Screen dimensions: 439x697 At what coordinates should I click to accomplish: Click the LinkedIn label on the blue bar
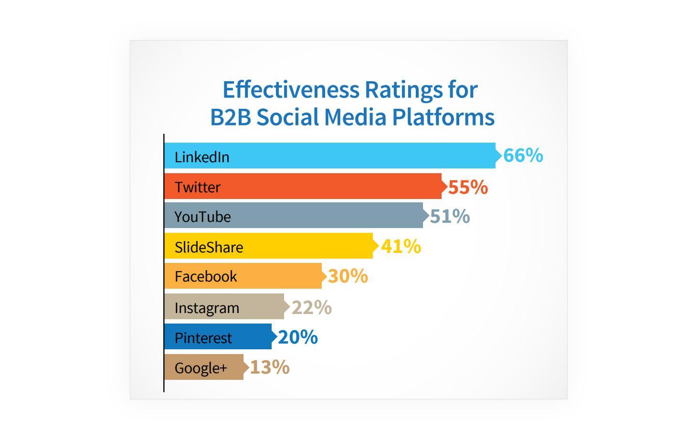(x=202, y=157)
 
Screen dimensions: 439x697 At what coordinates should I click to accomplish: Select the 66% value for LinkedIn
(x=523, y=156)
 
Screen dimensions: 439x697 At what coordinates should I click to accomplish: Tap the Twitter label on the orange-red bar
(x=198, y=187)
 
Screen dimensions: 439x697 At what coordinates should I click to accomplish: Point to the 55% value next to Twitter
(x=468, y=187)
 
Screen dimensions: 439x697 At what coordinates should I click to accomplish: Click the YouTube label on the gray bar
(x=202, y=217)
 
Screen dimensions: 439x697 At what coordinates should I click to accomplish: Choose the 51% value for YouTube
(x=450, y=216)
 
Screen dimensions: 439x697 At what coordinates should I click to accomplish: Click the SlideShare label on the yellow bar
(x=209, y=247)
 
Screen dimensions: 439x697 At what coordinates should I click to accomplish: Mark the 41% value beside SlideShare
(x=401, y=246)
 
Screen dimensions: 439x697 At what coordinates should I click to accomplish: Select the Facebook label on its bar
(x=206, y=276)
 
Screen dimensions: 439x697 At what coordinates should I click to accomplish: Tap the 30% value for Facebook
(x=348, y=276)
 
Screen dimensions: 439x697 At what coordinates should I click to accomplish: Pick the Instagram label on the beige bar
(x=207, y=308)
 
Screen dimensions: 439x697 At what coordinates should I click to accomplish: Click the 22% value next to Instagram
(x=311, y=307)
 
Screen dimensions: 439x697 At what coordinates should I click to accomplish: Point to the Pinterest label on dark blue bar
(x=203, y=338)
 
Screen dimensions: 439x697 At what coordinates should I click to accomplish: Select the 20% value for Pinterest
(x=297, y=337)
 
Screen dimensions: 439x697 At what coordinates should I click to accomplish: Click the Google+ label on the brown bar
(x=201, y=368)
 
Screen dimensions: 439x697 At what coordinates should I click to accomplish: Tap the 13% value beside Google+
(x=269, y=367)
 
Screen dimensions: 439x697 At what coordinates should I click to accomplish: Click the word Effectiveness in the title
(x=291, y=90)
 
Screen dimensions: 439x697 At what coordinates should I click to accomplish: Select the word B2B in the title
(x=230, y=117)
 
